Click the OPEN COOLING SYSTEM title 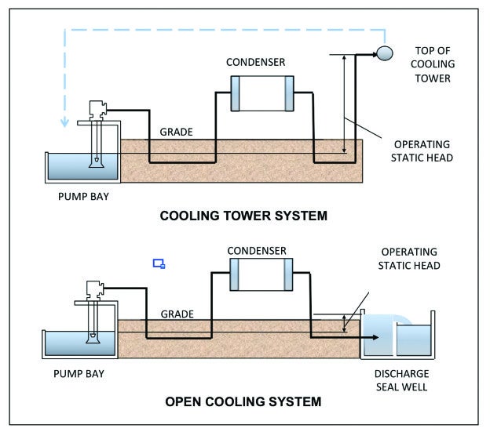click(243, 402)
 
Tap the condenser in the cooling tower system click(261, 93)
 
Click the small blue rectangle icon click(159, 264)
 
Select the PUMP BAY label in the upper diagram click(83, 196)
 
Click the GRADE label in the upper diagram click(177, 132)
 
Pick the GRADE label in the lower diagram click(177, 314)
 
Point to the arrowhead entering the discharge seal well click(375, 338)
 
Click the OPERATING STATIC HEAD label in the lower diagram click(410, 260)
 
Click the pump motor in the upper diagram click(97, 111)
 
